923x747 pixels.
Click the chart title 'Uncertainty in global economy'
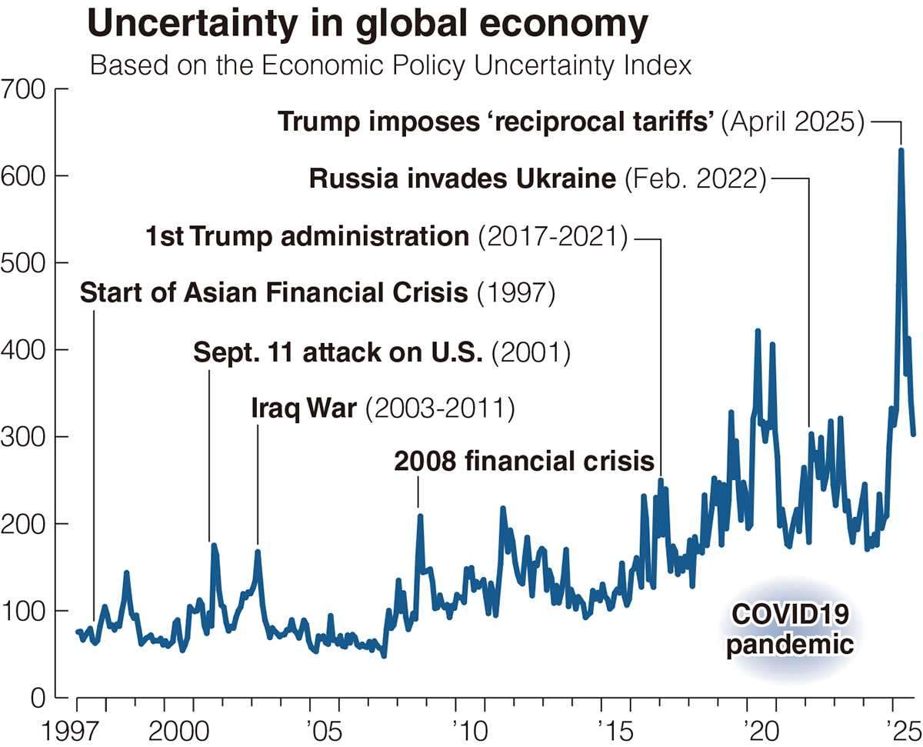point(368,25)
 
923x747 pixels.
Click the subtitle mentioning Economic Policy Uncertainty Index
point(391,65)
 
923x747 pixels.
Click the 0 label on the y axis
point(37,698)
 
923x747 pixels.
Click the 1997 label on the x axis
point(78,728)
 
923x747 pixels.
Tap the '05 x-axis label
point(310,728)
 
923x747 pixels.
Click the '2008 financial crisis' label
point(524,462)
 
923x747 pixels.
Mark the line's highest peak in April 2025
point(901,150)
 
